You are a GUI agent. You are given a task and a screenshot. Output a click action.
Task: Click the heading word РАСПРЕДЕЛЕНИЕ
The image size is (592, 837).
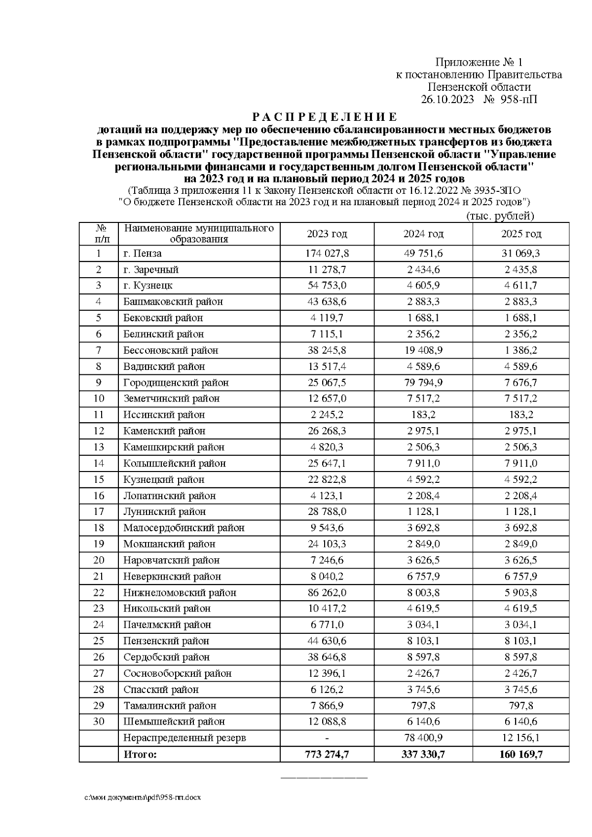(x=324, y=117)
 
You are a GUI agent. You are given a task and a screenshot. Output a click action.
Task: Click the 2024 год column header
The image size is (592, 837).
(x=423, y=234)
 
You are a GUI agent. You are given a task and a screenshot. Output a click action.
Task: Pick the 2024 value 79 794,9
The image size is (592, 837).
(x=423, y=383)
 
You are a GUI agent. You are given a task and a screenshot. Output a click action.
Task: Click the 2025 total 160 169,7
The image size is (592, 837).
(x=521, y=755)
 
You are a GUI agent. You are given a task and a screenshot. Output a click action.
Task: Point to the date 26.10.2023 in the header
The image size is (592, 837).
(x=447, y=99)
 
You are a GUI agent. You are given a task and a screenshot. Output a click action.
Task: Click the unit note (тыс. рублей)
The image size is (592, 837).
(x=500, y=216)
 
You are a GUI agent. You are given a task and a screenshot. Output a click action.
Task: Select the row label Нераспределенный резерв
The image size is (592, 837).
(x=185, y=738)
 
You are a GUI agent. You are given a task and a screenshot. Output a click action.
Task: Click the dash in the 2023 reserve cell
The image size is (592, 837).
(x=327, y=738)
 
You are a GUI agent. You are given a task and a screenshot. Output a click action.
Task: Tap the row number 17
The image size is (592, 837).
(x=99, y=512)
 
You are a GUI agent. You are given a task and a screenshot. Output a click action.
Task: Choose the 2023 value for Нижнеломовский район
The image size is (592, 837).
(x=327, y=593)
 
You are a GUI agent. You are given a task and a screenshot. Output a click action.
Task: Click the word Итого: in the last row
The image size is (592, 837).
(x=140, y=755)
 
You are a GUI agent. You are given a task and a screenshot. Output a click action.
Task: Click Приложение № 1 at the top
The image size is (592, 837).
(x=478, y=62)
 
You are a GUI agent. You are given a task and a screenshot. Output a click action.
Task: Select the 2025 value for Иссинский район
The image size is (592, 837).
(x=521, y=415)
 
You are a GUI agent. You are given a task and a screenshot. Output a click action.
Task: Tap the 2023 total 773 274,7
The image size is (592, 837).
(x=327, y=755)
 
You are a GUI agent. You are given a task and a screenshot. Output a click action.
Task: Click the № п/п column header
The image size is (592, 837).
(x=99, y=234)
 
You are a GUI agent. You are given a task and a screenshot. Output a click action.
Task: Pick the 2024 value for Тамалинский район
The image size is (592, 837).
(x=423, y=706)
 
